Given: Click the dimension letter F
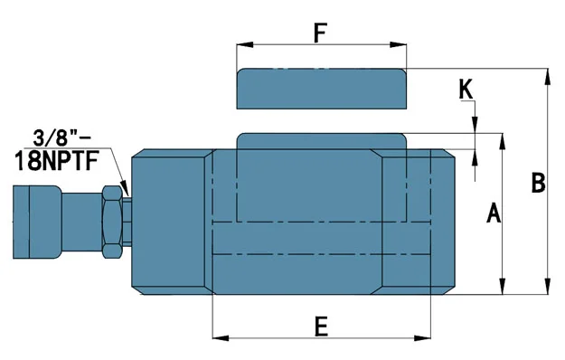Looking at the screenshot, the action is coord(320,33).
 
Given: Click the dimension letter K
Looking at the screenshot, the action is coord(466,89).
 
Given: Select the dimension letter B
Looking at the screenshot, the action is coord(539,183).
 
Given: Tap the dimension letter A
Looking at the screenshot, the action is coord(494,213).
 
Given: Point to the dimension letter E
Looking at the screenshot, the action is coord(321,327).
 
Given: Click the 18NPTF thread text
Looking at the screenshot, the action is coord(57,161).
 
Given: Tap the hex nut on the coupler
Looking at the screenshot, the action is coord(112,222).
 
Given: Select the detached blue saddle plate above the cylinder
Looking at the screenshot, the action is coord(322,89).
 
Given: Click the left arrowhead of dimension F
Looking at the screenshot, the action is coord(245,44).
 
